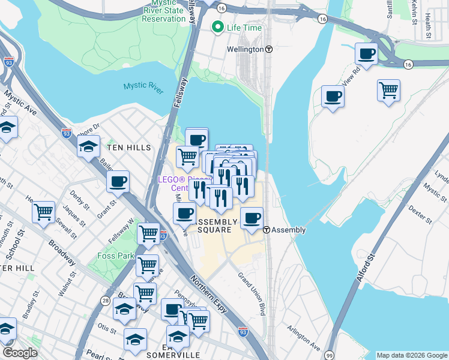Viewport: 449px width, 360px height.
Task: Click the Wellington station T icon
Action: coord(269,49)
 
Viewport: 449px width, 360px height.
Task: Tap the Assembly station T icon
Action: coord(265,230)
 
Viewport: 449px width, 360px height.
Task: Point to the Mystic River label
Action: coord(143,86)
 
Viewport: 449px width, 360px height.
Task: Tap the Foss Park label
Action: coord(115,256)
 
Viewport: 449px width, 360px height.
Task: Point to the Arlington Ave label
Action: coord(303,338)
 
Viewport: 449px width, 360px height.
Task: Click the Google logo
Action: coord(20,353)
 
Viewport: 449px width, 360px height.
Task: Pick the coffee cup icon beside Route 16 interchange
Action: coord(366,53)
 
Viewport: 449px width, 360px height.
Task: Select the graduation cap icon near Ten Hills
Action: coord(88,146)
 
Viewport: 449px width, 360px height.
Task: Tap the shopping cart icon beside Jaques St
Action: coord(43,212)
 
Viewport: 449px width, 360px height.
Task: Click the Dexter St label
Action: coord(420,214)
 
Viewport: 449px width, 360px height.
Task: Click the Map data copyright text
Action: coord(412,355)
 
